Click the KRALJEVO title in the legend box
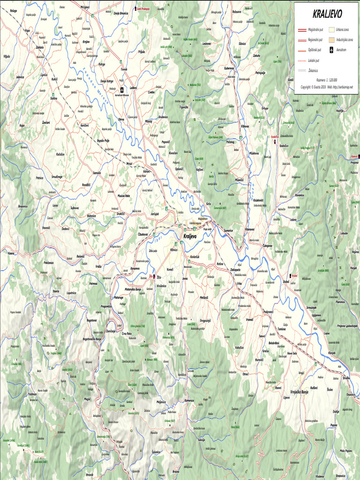(327, 15)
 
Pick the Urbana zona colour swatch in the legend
(332, 29)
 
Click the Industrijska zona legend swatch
(332, 39)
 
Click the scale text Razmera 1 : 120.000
(327, 80)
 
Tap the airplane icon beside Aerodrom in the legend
(332, 50)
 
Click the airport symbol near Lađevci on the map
(121, 89)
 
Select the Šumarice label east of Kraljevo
(228, 230)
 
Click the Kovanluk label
(195, 257)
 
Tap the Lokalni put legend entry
(313, 60)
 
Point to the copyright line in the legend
(327, 87)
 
